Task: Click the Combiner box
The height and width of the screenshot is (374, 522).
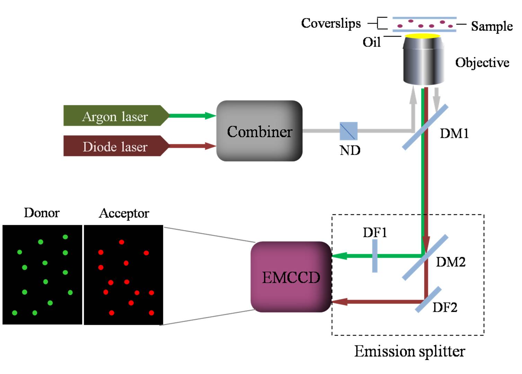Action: click(x=259, y=131)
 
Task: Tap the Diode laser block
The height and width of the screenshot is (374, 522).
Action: click(x=115, y=146)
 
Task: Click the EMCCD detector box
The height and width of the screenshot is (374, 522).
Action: click(x=291, y=277)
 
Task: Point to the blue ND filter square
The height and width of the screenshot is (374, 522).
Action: click(x=348, y=131)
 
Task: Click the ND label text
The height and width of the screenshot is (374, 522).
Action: click(x=350, y=150)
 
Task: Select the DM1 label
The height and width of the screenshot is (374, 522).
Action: click(x=454, y=134)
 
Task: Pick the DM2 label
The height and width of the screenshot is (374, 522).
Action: click(x=450, y=262)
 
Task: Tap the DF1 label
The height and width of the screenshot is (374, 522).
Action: click(x=375, y=232)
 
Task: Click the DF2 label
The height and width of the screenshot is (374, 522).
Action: click(x=445, y=307)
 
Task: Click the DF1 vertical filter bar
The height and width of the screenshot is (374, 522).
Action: click(x=375, y=256)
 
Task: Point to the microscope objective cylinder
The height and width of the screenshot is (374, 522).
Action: click(x=423, y=62)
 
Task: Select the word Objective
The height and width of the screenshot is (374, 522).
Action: click(x=482, y=63)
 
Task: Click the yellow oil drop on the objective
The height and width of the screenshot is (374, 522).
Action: click(x=423, y=36)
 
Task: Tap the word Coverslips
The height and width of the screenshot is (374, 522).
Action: click(x=331, y=23)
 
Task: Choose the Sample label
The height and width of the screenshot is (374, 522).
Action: click(x=492, y=26)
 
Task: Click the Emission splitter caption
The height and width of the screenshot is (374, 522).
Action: click(x=409, y=351)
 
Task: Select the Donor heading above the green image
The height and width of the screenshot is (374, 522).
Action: click(x=42, y=213)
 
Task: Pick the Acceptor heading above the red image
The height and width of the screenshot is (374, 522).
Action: click(x=124, y=213)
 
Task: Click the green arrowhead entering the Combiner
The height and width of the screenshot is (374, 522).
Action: click(x=210, y=116)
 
